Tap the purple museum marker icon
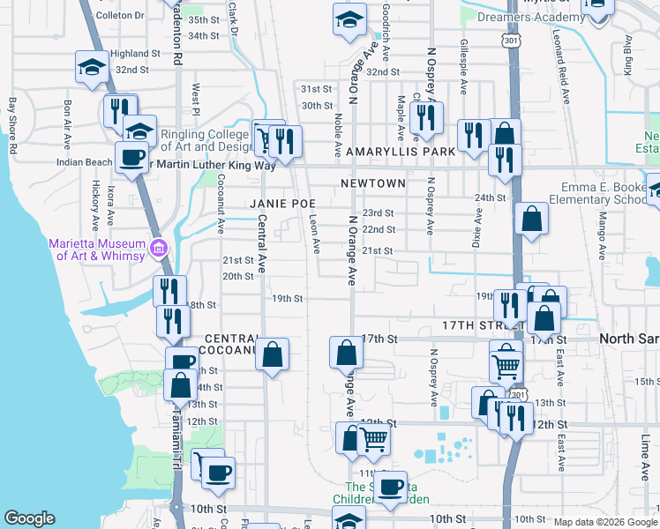[159, 248]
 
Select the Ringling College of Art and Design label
[206, 141]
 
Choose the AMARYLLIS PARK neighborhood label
[401, 152]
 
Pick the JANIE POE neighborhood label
[283, 203]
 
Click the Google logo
[29, 518]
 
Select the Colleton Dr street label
[119, 16]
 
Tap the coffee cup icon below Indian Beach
[131, 159]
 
